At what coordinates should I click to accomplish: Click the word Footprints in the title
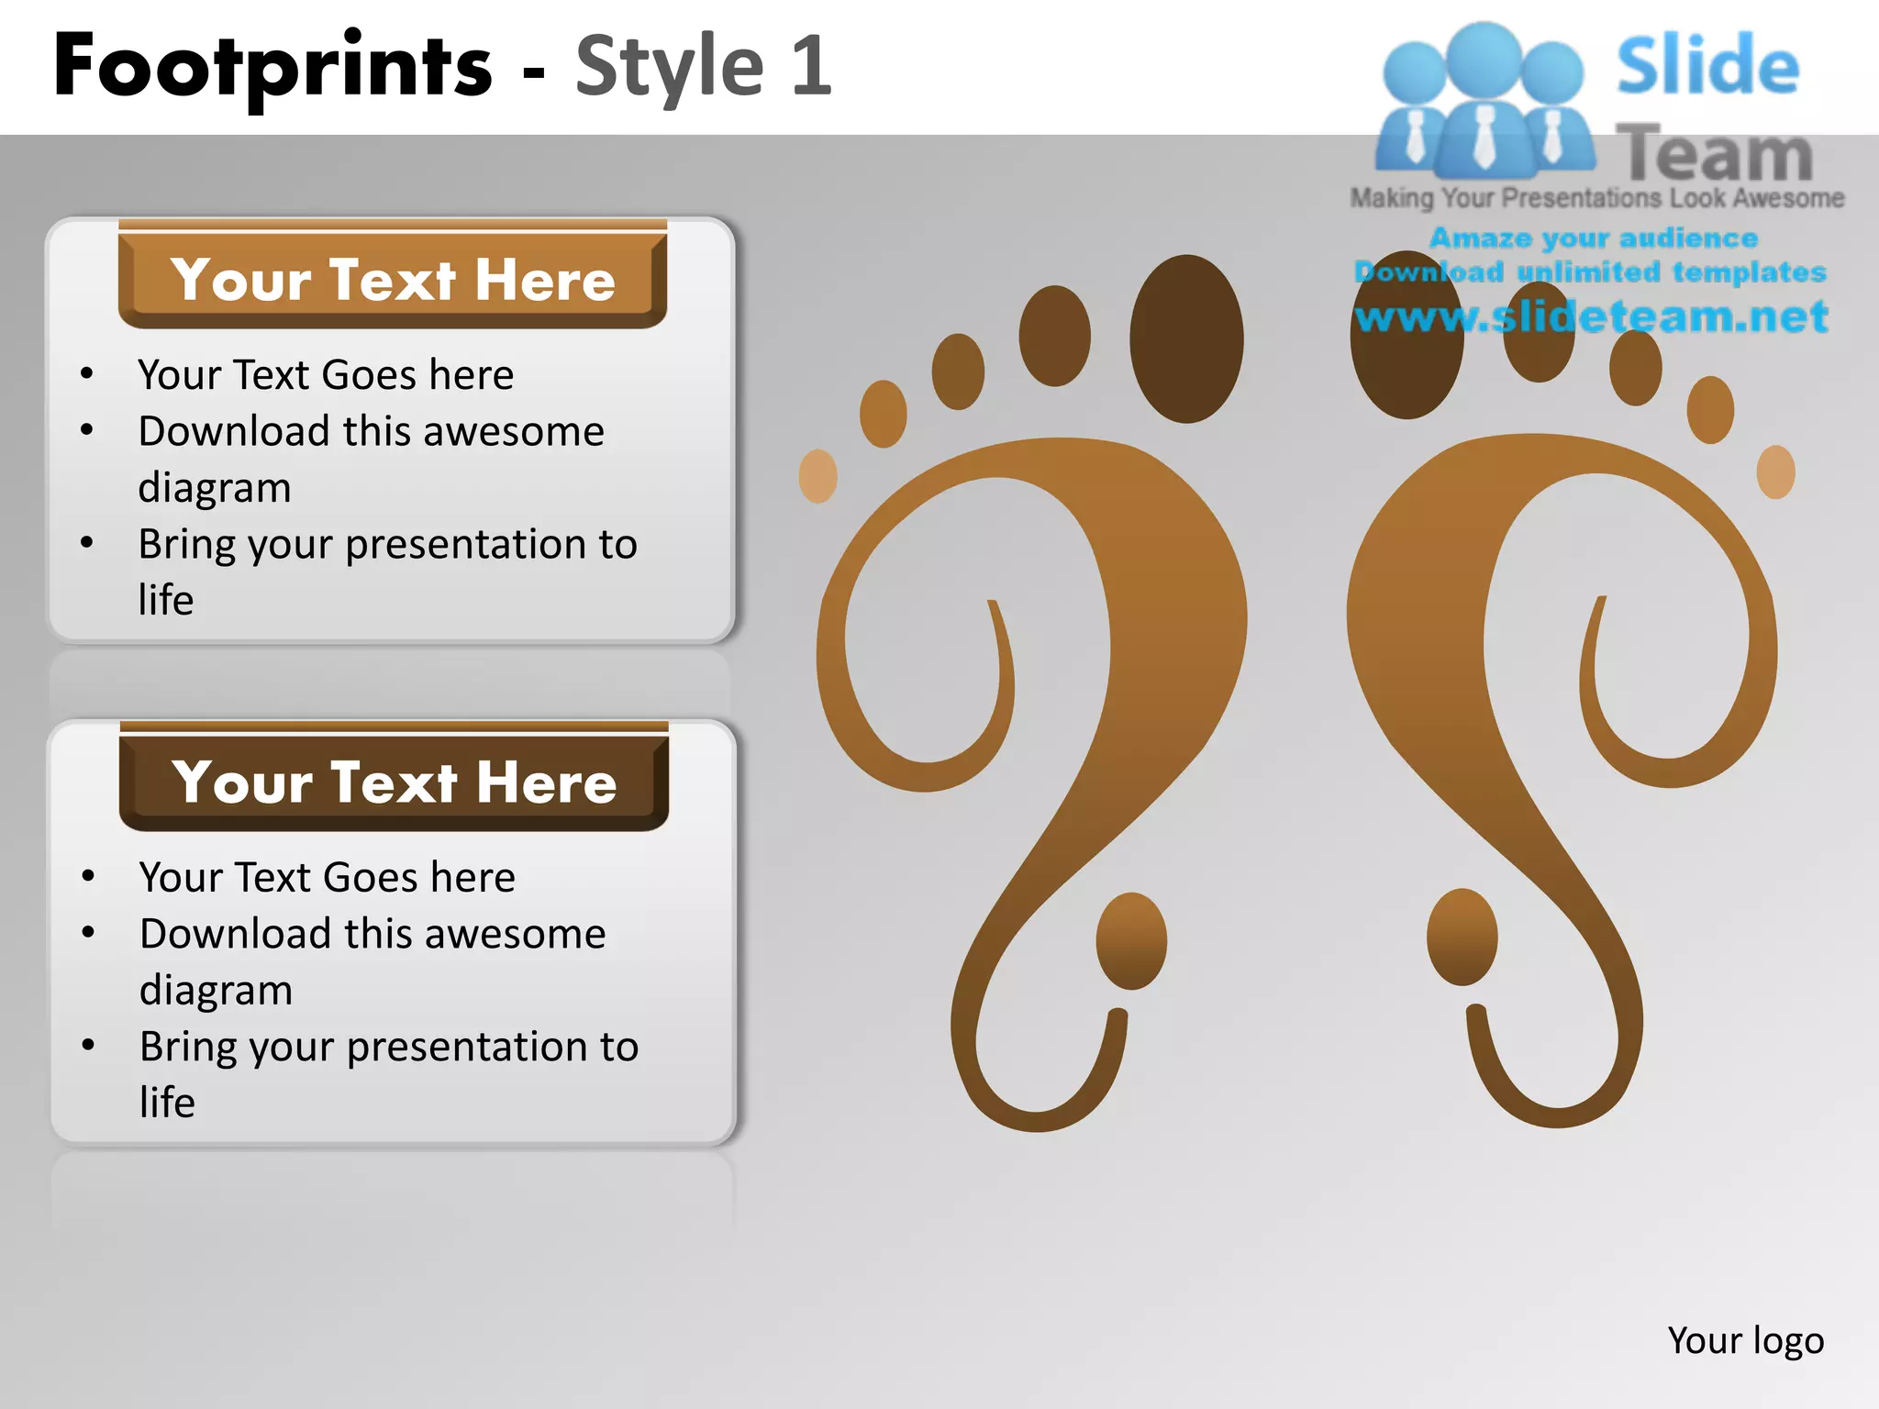(x=272, y=66)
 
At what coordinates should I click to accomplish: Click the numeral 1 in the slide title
(x=811, y=66)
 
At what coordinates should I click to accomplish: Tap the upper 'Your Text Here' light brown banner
(x=392, y=279)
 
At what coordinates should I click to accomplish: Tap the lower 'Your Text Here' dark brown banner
(x=394, y=782)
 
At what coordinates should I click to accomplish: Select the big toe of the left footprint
(x=1186, y=338)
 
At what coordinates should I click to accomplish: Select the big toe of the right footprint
(x=1406, y=336)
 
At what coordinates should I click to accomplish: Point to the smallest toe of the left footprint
(x=817, y=476)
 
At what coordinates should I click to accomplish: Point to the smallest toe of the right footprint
(x=1775, y=472)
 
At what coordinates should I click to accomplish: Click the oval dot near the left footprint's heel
(x=1131, y=941)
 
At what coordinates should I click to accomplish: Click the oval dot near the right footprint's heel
(x=1462, y=937)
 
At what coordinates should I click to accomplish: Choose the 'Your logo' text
(x=1745, y=1340)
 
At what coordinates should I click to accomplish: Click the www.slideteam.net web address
(x=1591, y=316)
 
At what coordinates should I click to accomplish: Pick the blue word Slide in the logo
(x=1707, y=65)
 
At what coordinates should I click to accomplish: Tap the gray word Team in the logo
(x=1714, y=154)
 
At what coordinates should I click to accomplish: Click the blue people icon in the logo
(x=1484, y=101)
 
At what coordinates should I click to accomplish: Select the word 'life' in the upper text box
(x=166, y=600)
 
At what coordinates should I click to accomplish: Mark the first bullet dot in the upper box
(x=87, y=373)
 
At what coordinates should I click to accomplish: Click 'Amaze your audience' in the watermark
(x=1593, y=239)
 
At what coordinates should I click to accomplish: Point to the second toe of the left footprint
(x=1054, y=336)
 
